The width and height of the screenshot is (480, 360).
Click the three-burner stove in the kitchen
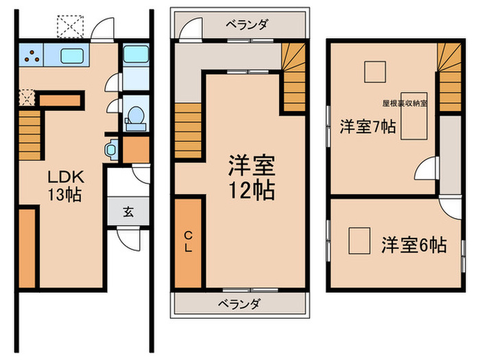[31, 56]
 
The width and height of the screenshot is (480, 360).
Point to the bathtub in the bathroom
[134, 62]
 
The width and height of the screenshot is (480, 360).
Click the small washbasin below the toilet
[112, 149]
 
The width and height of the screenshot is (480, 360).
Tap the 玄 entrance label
[128, 211]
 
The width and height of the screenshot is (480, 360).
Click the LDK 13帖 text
[64, 185]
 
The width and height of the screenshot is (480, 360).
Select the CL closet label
[189, 242]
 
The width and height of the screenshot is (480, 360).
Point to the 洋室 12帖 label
[251, 177]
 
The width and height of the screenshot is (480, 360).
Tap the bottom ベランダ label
[239, 302]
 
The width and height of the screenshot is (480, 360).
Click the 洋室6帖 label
[413, 245]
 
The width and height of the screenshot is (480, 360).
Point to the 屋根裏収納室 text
[405, 103]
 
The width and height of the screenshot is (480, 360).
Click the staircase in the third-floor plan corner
[448, 77]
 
